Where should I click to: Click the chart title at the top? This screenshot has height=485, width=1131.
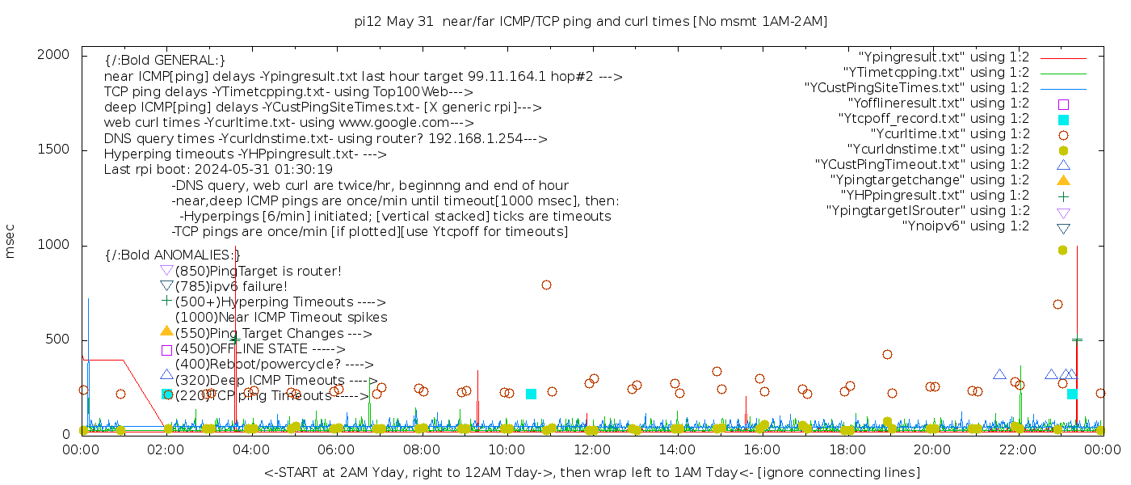(x=591, y=21)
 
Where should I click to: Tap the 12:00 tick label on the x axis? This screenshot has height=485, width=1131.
(x=592, y=450)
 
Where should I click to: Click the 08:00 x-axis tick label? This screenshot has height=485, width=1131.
(x=422, y=450)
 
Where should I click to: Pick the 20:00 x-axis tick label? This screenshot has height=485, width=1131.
(x=932, y=450)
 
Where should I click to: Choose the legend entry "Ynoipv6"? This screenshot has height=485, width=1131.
(x=965, y=226)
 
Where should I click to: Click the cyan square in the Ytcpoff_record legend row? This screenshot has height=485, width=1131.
(x=1063, y=120)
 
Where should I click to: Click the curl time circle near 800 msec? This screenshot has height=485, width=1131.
(x=546, y=285)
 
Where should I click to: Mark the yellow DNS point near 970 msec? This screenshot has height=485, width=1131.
(x=1062, y=250)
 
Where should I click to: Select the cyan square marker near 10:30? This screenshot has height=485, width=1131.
(x=531, y=394)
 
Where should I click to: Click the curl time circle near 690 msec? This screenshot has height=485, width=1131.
(x=1057, y=304)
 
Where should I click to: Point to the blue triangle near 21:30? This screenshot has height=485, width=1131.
(x=999, y=374)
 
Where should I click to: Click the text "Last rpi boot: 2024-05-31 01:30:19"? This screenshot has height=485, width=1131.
(x=218, y=170)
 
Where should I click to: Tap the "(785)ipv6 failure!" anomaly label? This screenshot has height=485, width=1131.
(x=231, y=287)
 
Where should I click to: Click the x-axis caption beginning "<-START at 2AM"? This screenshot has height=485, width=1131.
(x=591, y=472)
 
